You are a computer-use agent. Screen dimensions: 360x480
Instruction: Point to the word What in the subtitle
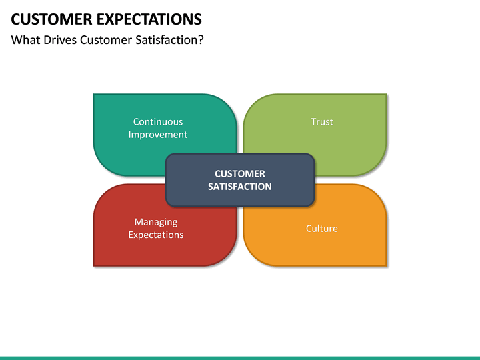(26, 40)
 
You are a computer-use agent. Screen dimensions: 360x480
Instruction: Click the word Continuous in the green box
(158, 121)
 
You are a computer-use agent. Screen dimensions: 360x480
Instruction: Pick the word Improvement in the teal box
(158, 135)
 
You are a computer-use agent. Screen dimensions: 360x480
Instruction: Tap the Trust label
(322, 121)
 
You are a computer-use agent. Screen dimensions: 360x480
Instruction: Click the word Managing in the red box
(156, 222)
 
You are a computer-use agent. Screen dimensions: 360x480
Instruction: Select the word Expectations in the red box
(156, 235)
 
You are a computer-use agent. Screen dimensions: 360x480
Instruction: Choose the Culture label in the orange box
(322, 229)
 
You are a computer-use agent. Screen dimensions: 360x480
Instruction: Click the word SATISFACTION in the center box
(240, 187)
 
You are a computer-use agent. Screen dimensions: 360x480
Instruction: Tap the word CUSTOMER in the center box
(240, 174)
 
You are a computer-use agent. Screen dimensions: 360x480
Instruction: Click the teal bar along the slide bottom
(240, 357)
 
